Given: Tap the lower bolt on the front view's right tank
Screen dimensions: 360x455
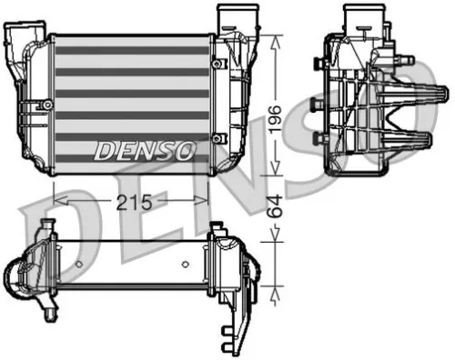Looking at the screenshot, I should [216, 138].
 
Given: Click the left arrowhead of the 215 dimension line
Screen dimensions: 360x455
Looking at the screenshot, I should [58, 193].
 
